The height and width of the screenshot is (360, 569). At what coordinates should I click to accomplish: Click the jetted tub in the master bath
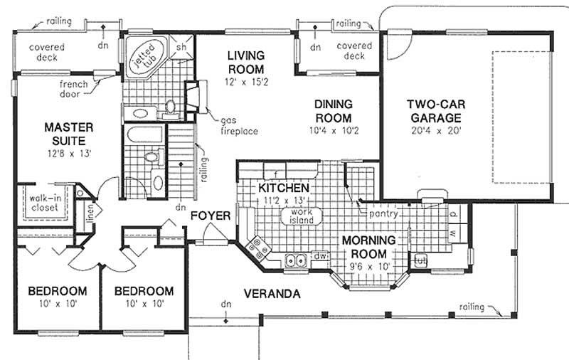click(x=146, y=55)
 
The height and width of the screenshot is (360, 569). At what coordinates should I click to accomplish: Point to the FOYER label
click(x=211, y=214)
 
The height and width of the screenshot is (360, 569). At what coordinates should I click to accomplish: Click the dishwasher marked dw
click(x=320, y=255)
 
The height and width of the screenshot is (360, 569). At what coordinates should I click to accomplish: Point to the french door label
click(x=73, y=88)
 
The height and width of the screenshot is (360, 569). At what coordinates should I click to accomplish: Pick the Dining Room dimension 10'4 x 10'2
click(x=334, y=131)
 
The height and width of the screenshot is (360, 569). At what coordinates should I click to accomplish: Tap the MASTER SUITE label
click(x=68, y=133)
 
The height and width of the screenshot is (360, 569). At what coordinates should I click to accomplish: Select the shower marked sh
click(x=181, y=47)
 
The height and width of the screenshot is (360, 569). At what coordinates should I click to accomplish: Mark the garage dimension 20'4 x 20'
click(x=431, y=132)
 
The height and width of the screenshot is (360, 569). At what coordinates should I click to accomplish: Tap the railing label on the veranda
click(x=472, y=307)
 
